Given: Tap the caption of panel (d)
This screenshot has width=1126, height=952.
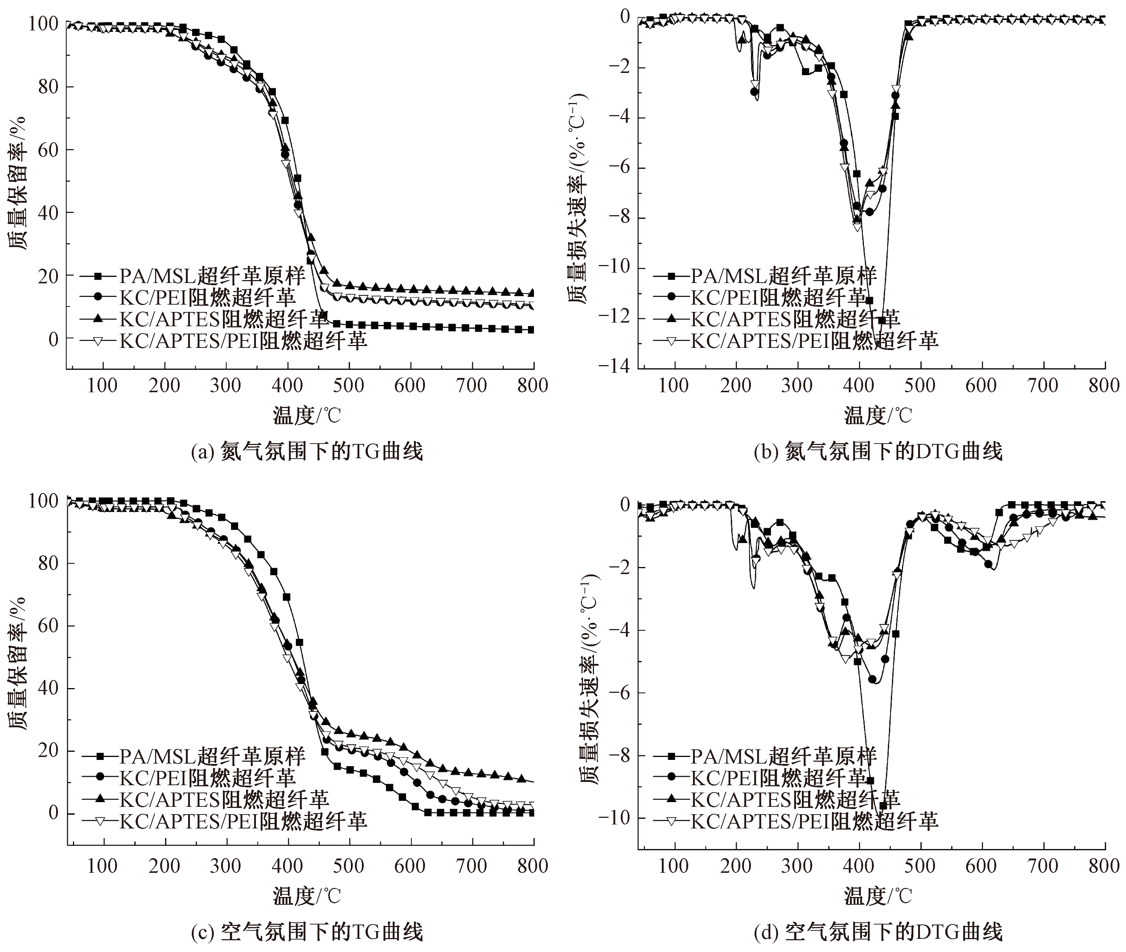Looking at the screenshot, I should (x=878, y=932).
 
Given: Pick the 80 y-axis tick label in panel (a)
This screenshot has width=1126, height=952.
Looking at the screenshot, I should (x=48, y=87).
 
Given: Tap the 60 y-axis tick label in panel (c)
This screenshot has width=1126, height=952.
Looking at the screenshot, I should (x=48, y=626).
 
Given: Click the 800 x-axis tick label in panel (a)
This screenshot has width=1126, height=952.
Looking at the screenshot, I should (x=533, y=386).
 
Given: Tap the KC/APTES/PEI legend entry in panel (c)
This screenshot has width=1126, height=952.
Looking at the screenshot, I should (x=243, y=821).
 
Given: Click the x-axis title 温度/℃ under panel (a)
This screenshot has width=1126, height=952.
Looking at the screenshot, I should (x=307, y=416).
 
